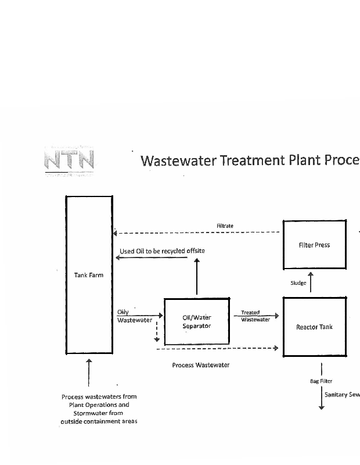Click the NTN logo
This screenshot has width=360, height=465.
click(69, 159)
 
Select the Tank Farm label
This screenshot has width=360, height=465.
click(89, 275)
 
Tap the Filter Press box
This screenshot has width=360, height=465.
click(314, 245)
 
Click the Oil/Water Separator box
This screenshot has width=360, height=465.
click(197, 321)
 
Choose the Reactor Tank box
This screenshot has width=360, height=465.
click(314, 327)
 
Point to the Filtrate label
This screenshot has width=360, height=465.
click(225, 226)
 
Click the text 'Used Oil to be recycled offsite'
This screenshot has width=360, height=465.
click(162, 251)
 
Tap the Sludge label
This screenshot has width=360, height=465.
click(298, 283)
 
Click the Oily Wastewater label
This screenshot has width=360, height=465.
click(134, 316)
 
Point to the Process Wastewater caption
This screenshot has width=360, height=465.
click(200, 365)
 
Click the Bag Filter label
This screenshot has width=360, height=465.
click(321, 381)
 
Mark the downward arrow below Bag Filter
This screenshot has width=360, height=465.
click(321, 401)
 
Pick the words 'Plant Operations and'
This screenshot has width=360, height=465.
click(99, 405)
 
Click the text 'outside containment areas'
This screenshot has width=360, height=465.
click(99, 421)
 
